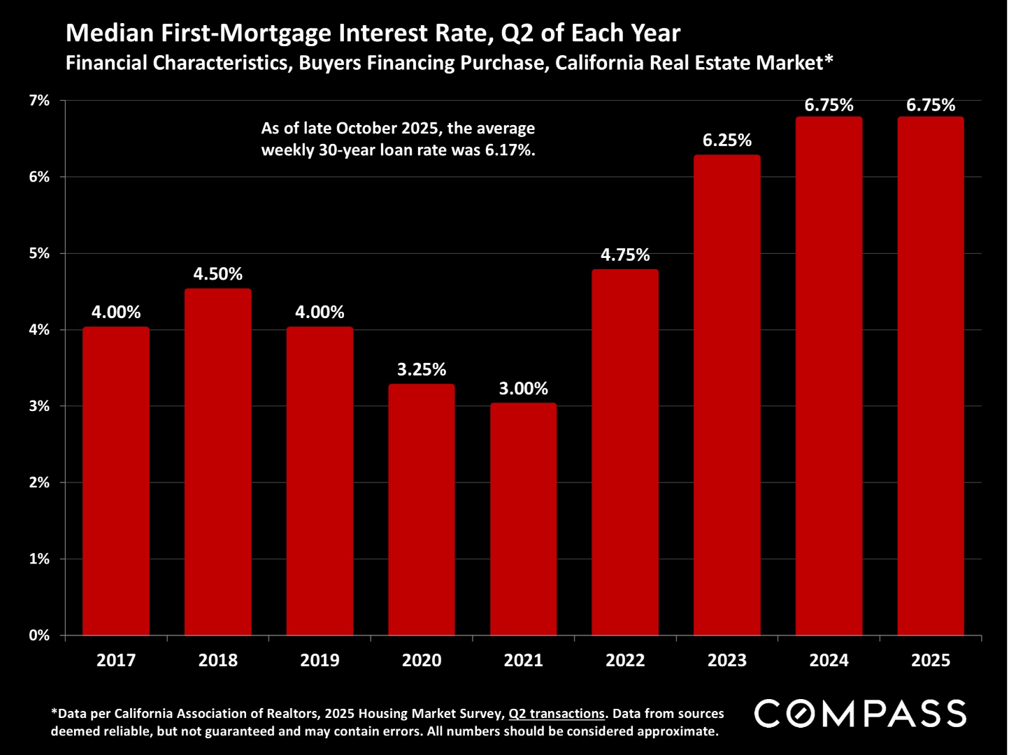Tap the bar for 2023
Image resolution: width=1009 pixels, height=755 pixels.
click(727, 395)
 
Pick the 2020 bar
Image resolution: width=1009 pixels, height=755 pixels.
click(422, 510)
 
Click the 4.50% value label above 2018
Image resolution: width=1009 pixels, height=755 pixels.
click(218, 274)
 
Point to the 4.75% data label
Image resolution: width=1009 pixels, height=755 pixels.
click(625, 255)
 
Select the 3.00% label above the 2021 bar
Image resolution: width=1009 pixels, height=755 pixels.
click(523, 389)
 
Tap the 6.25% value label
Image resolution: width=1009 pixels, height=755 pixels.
click(727, 141)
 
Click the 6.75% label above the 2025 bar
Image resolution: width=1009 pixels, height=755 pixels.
click(931, 105)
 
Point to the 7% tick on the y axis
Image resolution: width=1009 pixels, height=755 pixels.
click(39, 101)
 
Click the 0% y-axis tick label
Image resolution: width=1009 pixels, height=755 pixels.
click(39, 635)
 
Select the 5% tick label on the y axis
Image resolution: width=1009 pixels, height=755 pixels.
click(39, 254)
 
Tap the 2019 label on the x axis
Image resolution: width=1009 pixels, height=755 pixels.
click(320, 660)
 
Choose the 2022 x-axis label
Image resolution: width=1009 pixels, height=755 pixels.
click(625, 660)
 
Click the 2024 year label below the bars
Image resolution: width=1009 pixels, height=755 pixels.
click(829, 660)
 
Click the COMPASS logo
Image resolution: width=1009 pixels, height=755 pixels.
click(860, 714)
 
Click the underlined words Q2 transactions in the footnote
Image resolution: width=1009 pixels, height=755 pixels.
click(557, 714)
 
